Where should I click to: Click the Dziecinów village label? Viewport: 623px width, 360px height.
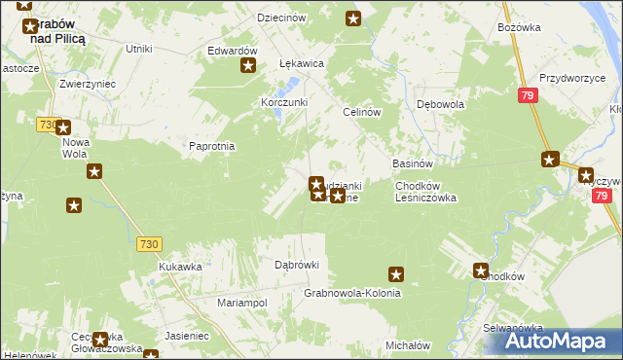tap(281, 18)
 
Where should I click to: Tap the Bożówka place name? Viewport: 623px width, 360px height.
tap(518, 27)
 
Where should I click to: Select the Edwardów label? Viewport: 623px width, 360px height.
tap(232, 51)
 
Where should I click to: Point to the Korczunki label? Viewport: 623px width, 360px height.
tap(284, 102)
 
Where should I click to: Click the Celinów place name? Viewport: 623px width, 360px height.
tap(359, 112)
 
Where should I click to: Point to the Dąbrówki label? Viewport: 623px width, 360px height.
tap(297, 265)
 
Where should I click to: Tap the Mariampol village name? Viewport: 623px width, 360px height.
tap(241, 303)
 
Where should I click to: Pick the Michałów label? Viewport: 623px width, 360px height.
tap(408, 345)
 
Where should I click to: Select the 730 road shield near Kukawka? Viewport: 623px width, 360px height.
tap(148, 244)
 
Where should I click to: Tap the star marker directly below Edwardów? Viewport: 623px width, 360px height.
tap(248, 66)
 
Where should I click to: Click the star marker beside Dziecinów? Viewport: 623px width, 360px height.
tap(353, 18)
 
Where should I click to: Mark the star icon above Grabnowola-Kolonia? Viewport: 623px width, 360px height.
tap(395, 274)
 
